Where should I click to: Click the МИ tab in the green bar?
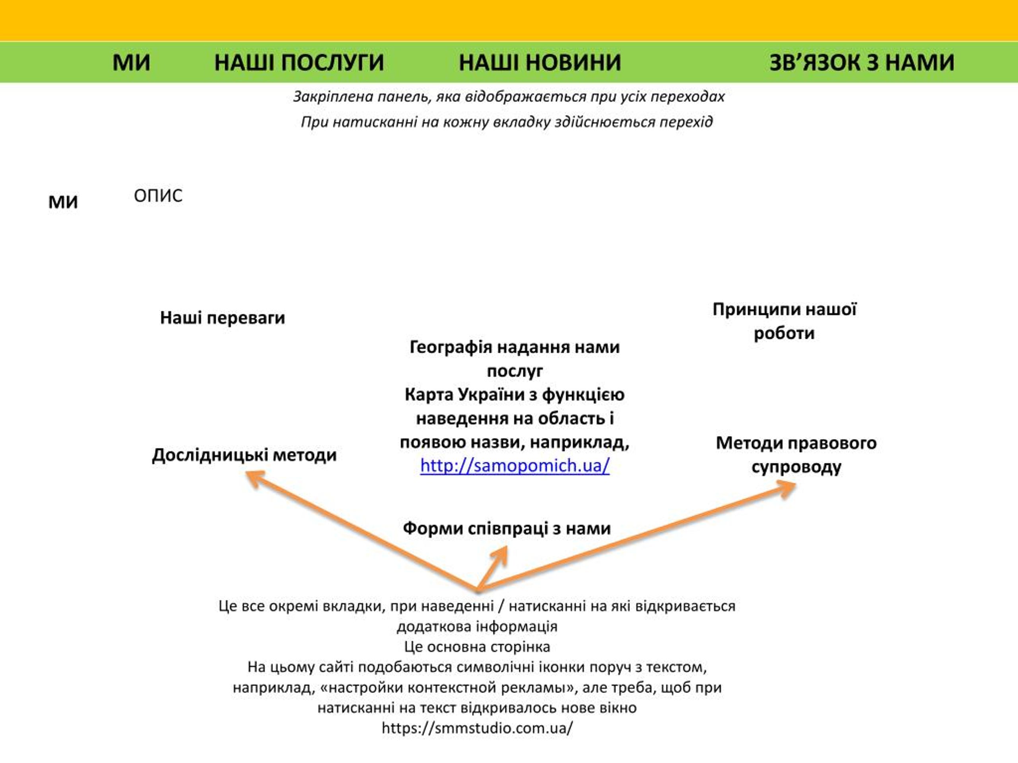point(131,62)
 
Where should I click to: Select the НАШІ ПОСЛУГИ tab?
point(299,62)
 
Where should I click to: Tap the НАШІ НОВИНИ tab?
point(540,62)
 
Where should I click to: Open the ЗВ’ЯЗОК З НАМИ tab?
point(862,62)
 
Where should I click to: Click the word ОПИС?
point(158,196)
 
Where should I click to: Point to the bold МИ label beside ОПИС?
point(63,202)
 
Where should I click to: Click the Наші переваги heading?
point(222,318)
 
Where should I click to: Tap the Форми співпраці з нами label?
point(507,529)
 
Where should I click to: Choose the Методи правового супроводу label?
point(796,455)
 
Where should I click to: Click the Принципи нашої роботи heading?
point(784,321)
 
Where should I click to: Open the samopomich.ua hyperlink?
point(515,466)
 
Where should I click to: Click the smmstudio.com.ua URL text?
point(477,728)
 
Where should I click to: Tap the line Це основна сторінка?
point(477,647)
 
